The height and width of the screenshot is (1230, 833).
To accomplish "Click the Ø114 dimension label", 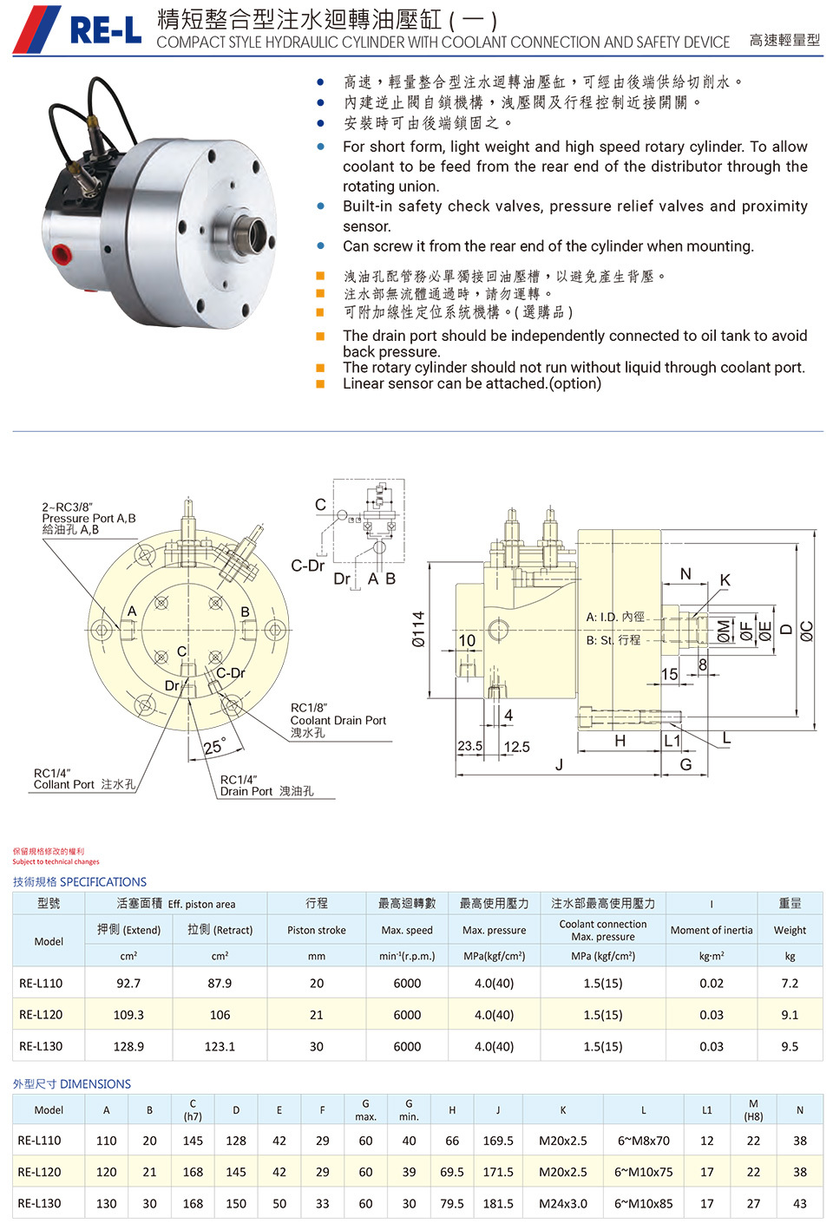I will pyautogui.click(x=418, y=629).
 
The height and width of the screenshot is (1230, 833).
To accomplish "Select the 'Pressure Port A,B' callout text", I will pyautogui.click(x=89, y=518).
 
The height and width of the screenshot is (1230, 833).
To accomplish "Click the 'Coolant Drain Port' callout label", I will pyautogui.click(x=338, y=720).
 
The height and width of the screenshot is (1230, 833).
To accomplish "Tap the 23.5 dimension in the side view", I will pyautogui.click(x=469, y=746).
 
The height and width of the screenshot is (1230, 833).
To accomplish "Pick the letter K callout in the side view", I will pyautogui.click(x=725, y=579).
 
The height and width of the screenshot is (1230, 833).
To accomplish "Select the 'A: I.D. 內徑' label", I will pyautogui.click(x=615, y=617).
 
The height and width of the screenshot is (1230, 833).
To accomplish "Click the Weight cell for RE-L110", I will pyautogui.click(x=790, y=984).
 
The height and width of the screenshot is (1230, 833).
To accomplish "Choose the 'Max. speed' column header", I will pyautogui.click(x=407, y=930).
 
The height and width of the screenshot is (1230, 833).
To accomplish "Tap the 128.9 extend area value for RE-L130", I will pyautogui.click(x=128, y=1047).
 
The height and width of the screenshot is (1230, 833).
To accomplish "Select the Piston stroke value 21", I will pyautogui.click(x=317, y=1015).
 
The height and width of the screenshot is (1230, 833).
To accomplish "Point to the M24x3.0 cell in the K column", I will pyautogui.click(x=563, y=1204).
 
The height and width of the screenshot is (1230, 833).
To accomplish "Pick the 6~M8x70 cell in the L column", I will pyautogui.click(x=643, y=1142).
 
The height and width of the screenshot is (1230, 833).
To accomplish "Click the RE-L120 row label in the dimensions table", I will pyautogui.click(x=40, y=1173).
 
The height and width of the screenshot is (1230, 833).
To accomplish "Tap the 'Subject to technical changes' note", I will pyautogui.click(x=56, y=862).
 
